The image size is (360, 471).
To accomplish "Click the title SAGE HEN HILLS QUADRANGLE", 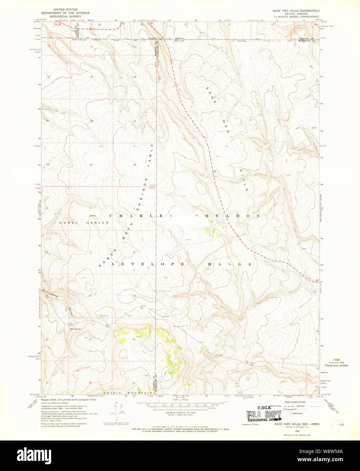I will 296,11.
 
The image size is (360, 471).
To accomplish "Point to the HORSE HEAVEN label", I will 84,223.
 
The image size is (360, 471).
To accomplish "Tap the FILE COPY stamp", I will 264,414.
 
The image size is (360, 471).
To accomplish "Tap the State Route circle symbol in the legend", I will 290,413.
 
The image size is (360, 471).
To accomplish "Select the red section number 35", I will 91,165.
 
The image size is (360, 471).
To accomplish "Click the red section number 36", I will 134,165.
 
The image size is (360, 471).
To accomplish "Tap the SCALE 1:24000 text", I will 180,400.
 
